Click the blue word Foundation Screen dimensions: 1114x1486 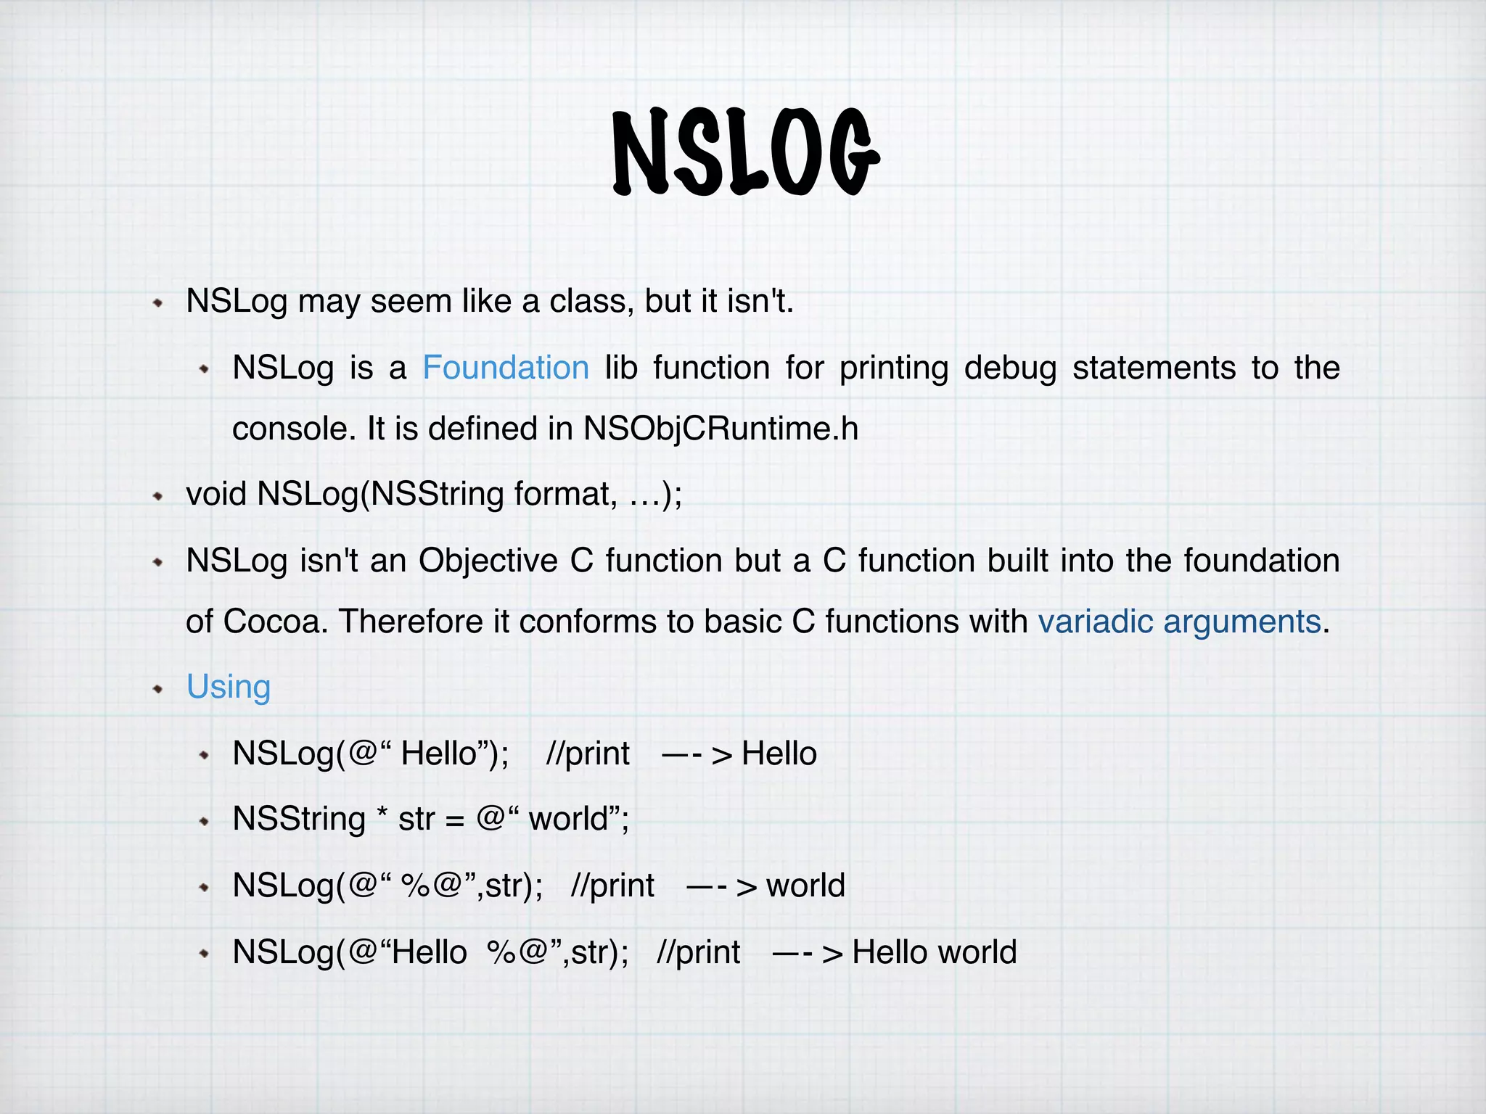[506, 368]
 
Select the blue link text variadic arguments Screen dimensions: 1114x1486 [1180, 622]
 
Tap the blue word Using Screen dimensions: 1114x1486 [229, 687]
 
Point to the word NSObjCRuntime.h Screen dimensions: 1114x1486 [721, 429]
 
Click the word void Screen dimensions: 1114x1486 [215, 494]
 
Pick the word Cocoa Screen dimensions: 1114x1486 [271, 622]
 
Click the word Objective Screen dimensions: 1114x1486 [488, 561]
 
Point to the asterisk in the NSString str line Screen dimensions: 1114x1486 [382, 817]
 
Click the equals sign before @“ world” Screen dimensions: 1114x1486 [454, 820]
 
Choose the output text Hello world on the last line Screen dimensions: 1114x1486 [934, 952]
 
